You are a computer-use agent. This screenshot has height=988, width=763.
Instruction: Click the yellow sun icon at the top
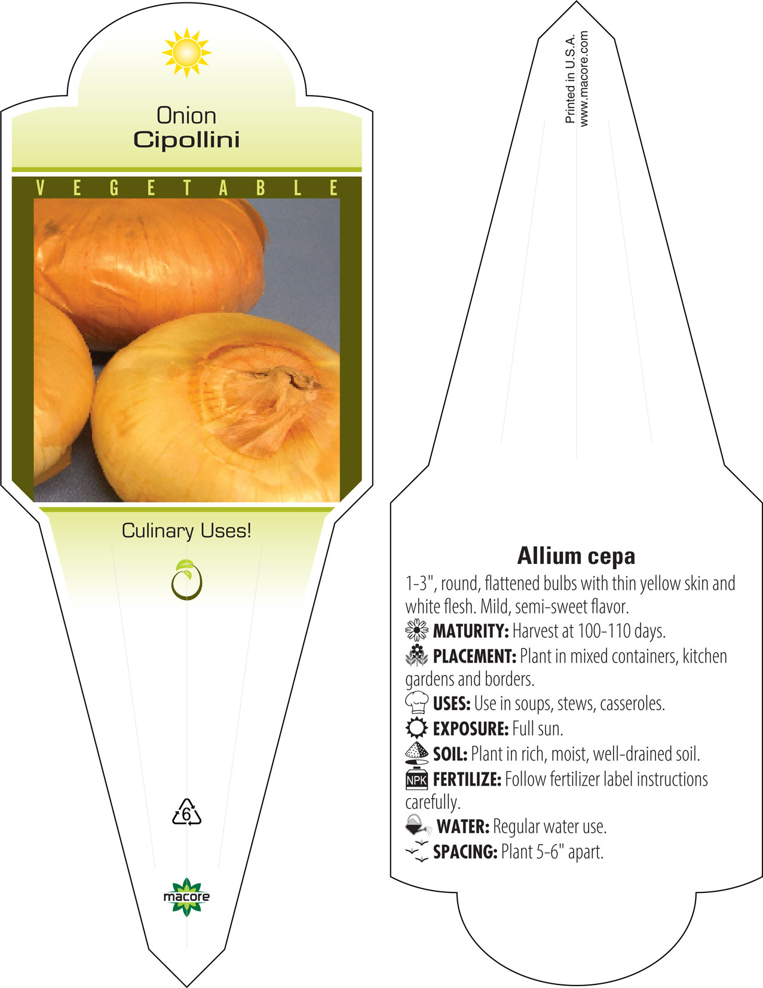[186, 53]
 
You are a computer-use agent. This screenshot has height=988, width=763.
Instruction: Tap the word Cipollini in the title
[186, 140]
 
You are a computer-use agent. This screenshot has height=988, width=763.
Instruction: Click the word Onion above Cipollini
[186, 115]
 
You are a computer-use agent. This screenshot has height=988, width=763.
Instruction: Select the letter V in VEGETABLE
[40, 188]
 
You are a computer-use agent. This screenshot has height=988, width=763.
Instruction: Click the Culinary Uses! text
[186, 530]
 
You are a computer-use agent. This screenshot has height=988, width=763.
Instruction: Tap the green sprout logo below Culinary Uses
[186, 579]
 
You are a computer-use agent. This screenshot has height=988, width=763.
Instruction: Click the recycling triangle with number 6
[186, 812]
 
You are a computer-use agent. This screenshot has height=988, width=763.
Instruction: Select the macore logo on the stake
[186, 897]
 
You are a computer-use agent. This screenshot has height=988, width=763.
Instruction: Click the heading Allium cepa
[576, 556]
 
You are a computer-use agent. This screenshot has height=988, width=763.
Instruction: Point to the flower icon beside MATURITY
[416, 630]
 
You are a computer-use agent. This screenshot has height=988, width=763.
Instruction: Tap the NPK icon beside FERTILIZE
[416, 778]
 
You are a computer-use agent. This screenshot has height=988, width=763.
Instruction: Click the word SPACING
[465, 851]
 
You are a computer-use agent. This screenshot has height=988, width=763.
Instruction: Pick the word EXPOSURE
[471, 728]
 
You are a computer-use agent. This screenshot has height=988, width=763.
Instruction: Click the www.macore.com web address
[584, 78]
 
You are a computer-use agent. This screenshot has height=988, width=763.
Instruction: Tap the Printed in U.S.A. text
[570, 78]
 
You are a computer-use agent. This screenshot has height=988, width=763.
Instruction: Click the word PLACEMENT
[474, 656]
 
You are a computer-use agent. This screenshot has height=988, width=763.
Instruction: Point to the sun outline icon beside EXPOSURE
[416, 728]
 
